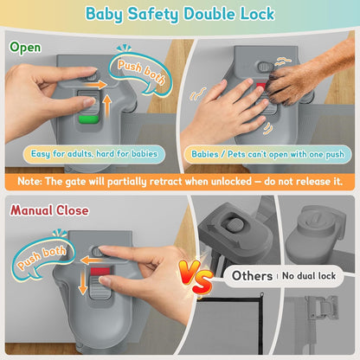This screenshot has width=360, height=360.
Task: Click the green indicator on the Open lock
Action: click(x=89, y=119)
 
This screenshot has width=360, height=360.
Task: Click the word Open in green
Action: click(x=25, y=48)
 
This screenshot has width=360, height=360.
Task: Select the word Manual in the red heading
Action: click(x=31, y=210)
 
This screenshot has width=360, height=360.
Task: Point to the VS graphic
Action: click(x=196, y=276)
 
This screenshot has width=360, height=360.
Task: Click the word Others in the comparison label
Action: click(x=252, y=276)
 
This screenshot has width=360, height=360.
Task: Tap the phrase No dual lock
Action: click(x=309, y=276)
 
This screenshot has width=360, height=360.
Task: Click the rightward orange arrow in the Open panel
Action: click(x=95, y=85)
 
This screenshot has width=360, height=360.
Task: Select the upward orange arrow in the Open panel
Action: click(x=107, y=106)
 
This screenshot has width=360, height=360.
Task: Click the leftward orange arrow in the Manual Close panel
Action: click(x=92, y=260)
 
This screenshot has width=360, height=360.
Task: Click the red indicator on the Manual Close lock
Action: click(x=100, y=271)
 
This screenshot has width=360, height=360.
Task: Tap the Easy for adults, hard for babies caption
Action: click(x=94, y=154)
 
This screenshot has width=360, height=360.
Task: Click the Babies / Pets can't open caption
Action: click(x=268, y=154)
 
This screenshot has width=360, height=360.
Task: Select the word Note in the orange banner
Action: click(x=29, y=182)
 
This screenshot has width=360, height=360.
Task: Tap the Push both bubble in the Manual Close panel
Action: click(x=42, y=258)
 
